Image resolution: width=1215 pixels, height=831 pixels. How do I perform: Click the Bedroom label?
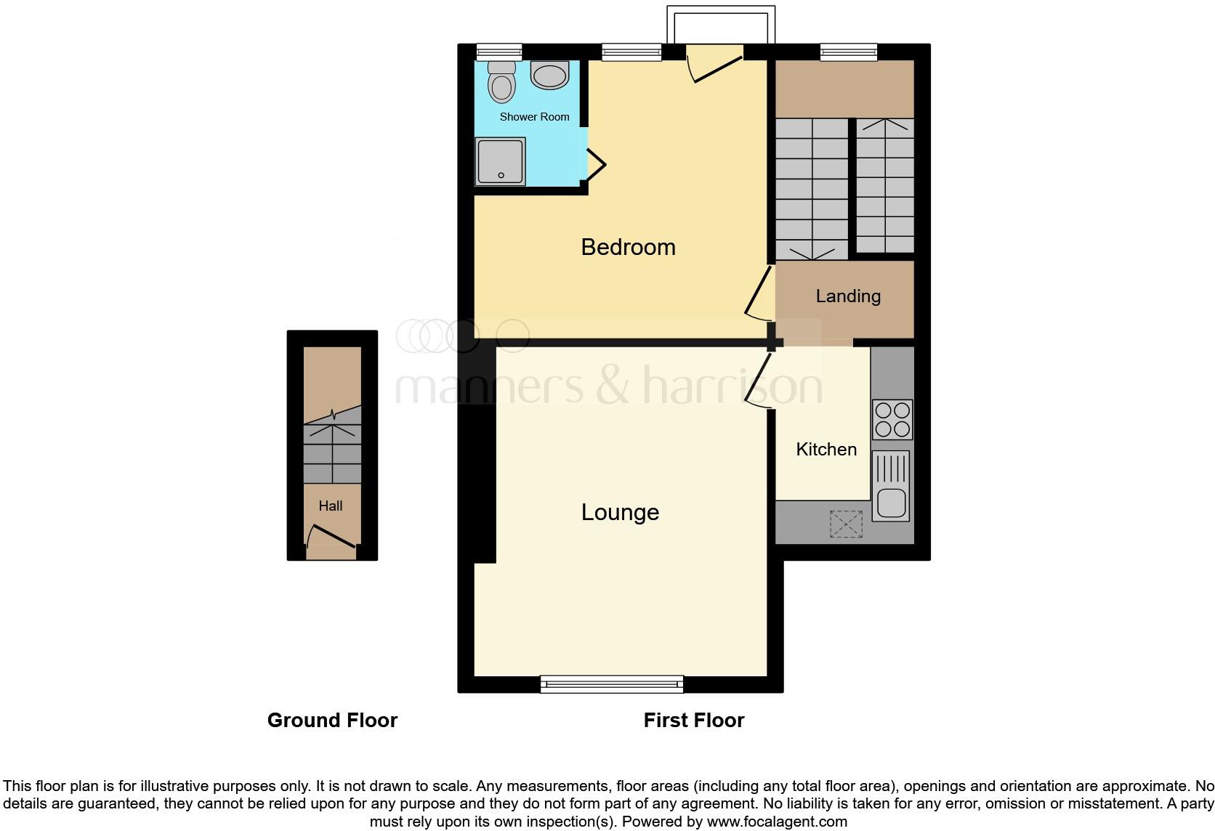[628, 247]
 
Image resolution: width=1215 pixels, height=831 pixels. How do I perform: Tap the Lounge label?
[620, 512]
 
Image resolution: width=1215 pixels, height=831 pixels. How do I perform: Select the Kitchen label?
[826, 449]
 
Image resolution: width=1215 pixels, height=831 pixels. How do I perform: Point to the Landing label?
[848, 296]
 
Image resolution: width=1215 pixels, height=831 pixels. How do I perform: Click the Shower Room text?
[534, 116]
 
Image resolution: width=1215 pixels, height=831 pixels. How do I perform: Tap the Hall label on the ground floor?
[331, 506]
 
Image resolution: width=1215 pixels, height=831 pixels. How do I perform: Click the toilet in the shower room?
[501, 82]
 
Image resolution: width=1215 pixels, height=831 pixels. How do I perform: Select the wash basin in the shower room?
[549, 75]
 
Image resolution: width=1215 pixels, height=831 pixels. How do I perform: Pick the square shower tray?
[500, 162]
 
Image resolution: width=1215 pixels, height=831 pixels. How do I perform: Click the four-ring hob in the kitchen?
[892, 419]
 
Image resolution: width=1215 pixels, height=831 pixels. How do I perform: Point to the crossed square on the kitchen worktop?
[846, 524]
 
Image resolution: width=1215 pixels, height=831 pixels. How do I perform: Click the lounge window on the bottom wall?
[612, 684]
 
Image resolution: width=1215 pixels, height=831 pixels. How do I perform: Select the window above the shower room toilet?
[499, 52]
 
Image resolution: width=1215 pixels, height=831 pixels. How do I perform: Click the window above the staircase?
[849, 52]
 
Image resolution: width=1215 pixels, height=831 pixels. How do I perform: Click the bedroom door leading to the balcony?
[715, 64]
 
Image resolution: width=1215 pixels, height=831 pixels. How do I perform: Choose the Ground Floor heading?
[332, 720]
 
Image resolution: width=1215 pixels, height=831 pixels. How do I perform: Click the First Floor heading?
[694, 720]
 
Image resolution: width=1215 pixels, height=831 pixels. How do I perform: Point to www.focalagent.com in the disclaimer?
[777, 822]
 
